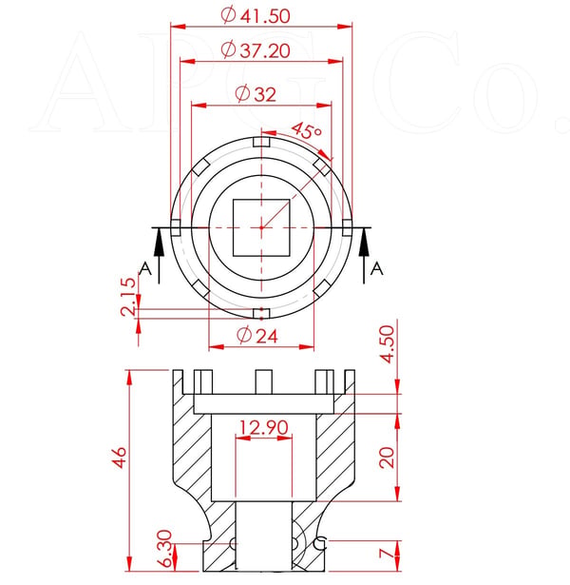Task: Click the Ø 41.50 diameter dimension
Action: pos(256,15)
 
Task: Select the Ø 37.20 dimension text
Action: pos(256,50)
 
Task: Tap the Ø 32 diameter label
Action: pos(256,93)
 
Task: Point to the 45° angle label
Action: pos(307,130)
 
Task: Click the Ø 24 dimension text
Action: pos(257,335)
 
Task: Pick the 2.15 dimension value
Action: pos(129,296)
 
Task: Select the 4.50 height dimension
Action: pos(387,344)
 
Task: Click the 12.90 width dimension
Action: pos(263,427)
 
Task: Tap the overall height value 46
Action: pos(119,458)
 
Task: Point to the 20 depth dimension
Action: pos(387,458)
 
